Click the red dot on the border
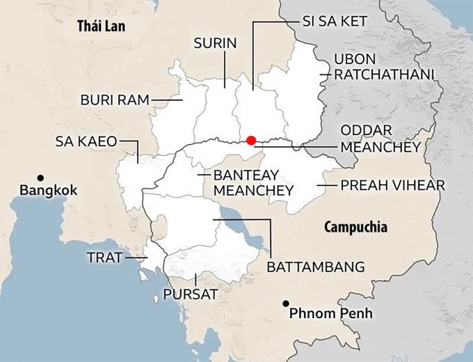(x=251, y=140)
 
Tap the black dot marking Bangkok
(x=41, y=177)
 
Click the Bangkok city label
(x=49, y=191)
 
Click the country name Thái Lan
(x=104, y=26)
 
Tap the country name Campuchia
(x=355, y=227)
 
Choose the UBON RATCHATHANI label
(x=384, y=66)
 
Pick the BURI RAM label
(x=115, y=100)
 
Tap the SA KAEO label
(x=86, y=142)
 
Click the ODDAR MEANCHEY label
(x=380, y=139)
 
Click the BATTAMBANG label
(x=316, y=266)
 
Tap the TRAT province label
(x=104, y=258)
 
